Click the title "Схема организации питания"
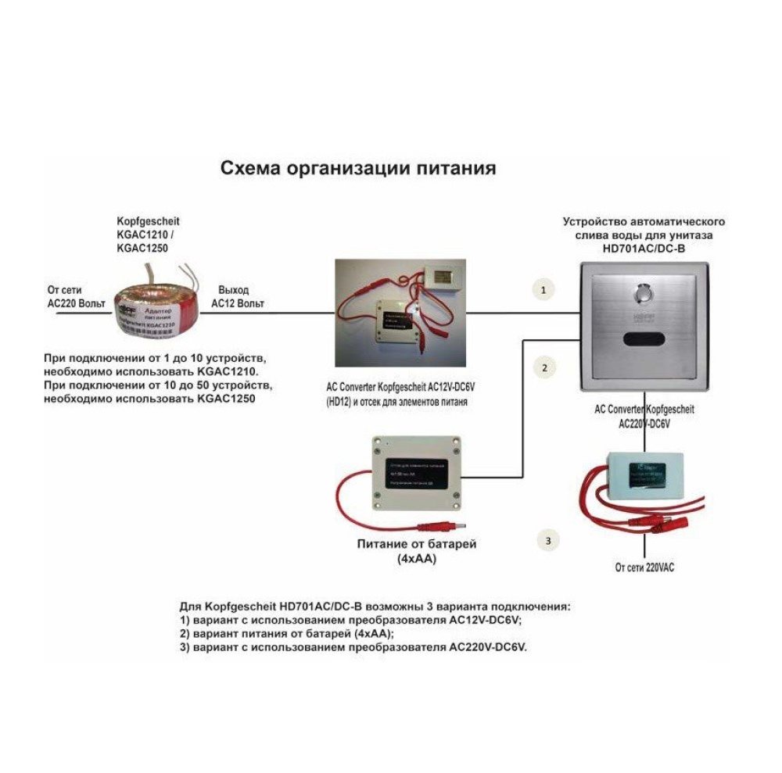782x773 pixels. click(x=357, y=167)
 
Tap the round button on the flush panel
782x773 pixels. click(x=644, y=296)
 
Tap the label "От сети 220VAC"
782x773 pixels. click(x=644, y=567)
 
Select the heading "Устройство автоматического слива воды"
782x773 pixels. click(x=644, y=227)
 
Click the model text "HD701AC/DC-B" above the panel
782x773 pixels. click(x=644, y=248)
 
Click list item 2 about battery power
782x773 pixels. click(x=287, y=634)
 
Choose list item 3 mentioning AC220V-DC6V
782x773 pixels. click(x=353, y=647)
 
